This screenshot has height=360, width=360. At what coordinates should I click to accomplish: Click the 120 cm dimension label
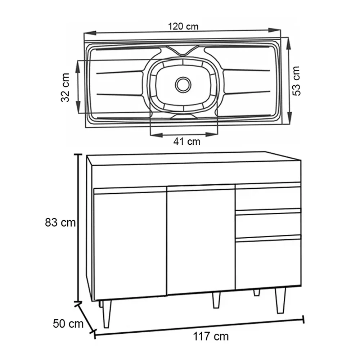tap(183, 26)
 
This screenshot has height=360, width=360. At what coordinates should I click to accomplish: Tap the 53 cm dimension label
tap(297, 81)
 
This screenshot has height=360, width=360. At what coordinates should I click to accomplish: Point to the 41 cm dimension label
tap(186, 141)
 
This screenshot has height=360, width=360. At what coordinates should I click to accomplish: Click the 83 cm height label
tap(60, 223)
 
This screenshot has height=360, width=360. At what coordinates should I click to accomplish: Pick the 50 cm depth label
tap(68, 323)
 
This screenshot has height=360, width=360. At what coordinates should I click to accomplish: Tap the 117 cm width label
tap(211, 337)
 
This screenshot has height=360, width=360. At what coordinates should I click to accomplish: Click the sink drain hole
tap(183, 84)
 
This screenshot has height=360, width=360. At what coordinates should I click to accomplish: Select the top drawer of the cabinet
tap(268, 198)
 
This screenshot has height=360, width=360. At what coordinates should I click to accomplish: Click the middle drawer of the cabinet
tap(268, 224)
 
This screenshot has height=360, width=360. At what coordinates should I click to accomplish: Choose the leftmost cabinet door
tap(130, 245)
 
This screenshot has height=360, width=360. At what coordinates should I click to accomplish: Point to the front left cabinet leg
tap(107, 313)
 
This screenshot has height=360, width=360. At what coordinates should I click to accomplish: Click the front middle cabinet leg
tap(216, 300)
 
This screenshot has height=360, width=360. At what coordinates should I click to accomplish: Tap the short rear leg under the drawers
tap(256, 292)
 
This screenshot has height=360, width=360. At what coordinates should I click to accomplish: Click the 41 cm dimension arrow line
tap(184, 135)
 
